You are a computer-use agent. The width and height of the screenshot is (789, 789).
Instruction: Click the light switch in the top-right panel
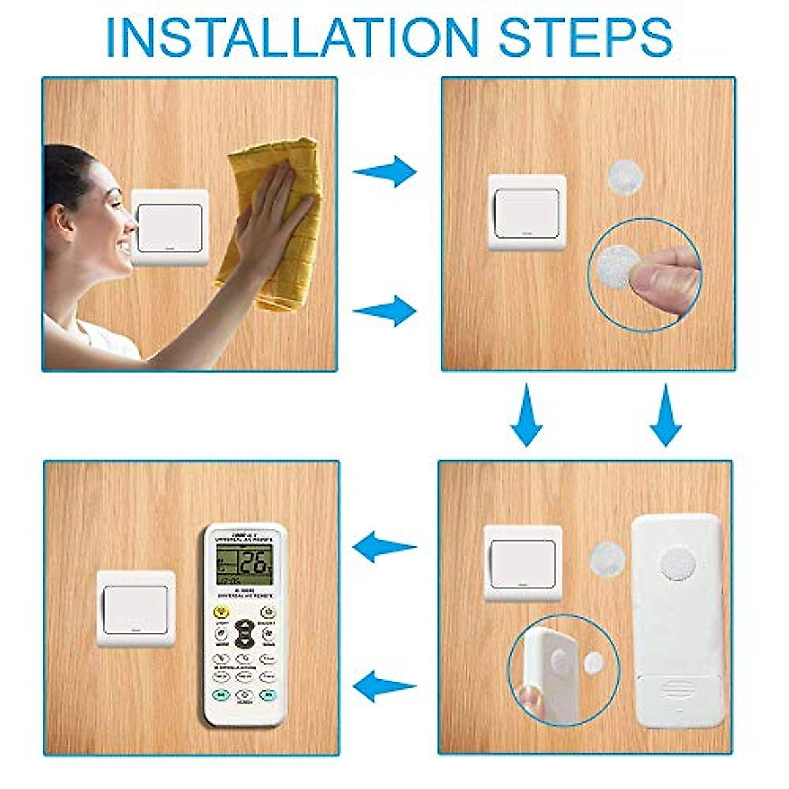click(x=527, y=212)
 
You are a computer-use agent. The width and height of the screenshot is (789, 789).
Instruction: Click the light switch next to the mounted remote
click(x=135, y=609)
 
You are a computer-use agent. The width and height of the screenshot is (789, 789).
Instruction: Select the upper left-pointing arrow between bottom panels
click(x=384, y=547)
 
